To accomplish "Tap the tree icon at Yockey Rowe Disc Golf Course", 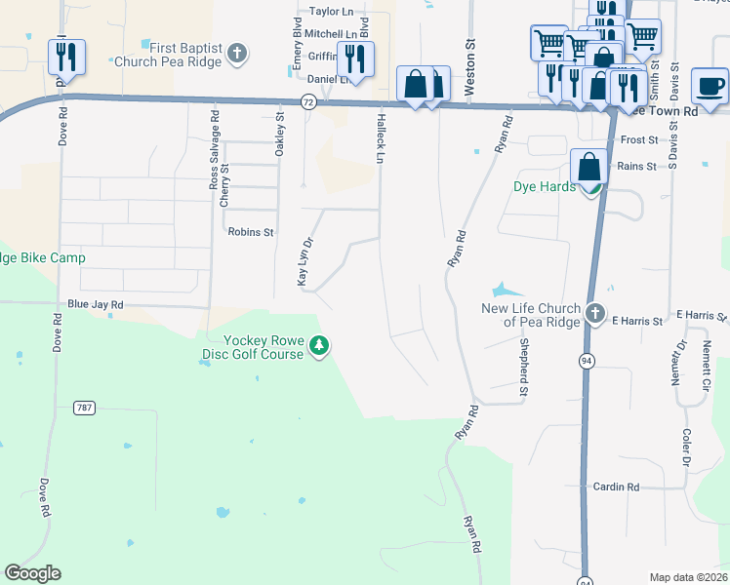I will pos(319,346).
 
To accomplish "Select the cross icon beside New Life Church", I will pos(594,313).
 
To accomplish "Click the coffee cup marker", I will pos(710,85).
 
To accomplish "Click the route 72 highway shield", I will pos(307,100).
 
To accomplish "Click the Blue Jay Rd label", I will pos(95,305).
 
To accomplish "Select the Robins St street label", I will pos(251,232).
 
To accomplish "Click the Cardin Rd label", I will pos(616,487).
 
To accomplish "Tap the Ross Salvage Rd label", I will pos(214,147).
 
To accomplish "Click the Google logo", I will pos(32,573).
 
